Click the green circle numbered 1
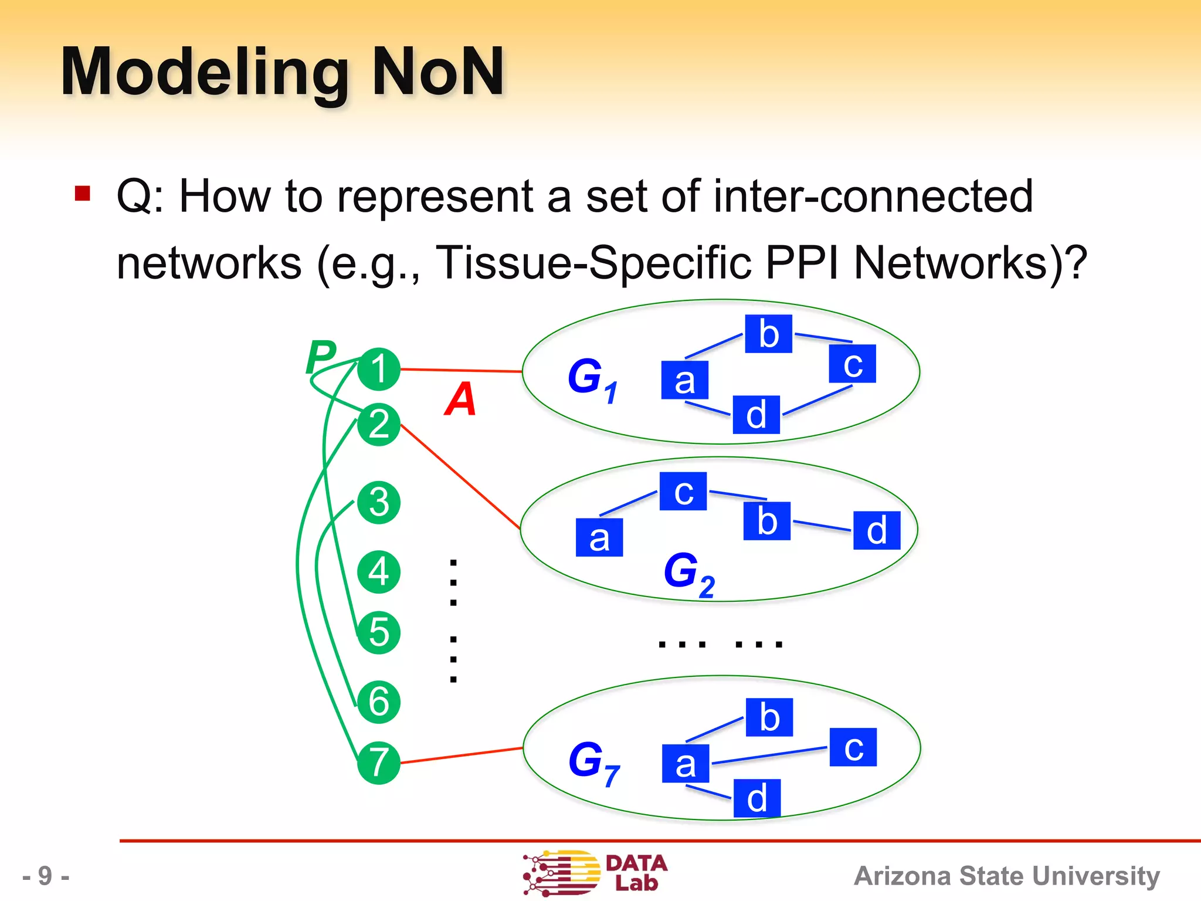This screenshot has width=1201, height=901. pos(379,370)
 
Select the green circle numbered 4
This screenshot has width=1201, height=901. pos(379,572)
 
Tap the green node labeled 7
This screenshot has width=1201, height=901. pos(379,763)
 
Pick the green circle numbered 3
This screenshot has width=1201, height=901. pos(379,503)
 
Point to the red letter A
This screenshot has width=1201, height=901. pos(460,399)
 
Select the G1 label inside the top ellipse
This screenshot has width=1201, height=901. pos(592,378)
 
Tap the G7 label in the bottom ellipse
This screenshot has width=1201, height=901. pos(593,762)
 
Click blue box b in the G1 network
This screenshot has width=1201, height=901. pos(768,334)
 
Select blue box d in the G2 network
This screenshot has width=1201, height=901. pos(876,530)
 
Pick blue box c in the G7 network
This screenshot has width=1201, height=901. pos(853,747)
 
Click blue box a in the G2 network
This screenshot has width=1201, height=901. pos(599,537)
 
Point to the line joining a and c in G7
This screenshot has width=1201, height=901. pos(768,756)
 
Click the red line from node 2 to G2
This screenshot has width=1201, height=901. pos(460,476)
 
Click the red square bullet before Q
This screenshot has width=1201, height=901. pos(83,193)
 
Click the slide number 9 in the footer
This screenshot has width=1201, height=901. pos(46,876)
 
